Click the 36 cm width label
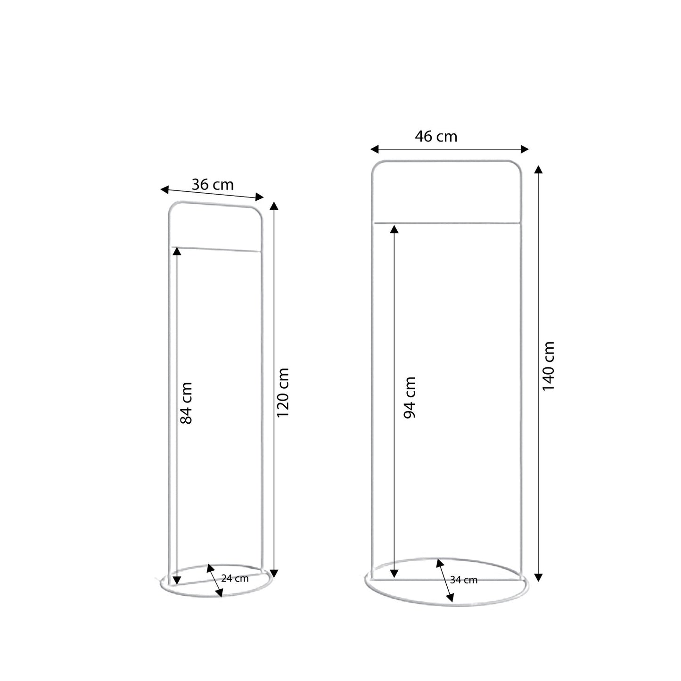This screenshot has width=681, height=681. click(213, 184)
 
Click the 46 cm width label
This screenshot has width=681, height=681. click(436, 137)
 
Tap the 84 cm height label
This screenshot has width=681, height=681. click(187, 403)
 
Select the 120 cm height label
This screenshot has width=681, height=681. click(283, 393)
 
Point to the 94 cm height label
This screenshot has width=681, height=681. click(410, 397)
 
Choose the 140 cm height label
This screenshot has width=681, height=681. click(548, 366)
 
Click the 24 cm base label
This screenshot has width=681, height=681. click(235, 578)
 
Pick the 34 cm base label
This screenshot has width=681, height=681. click(464, 580)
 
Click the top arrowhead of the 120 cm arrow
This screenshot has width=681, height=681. click(275, 205)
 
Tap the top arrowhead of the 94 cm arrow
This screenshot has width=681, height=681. click(394, 229)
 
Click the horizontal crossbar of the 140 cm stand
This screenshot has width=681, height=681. click(447, 222)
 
